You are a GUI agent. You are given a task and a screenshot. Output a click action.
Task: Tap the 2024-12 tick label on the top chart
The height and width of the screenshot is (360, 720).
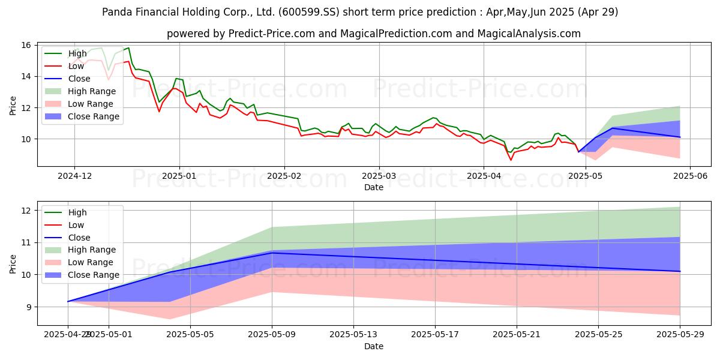(x=74, y=176)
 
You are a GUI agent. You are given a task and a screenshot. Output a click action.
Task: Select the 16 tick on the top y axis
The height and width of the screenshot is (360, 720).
(x=26, y=46)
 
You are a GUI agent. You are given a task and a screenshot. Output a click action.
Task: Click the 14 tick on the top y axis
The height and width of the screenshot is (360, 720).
(x=26, y=77)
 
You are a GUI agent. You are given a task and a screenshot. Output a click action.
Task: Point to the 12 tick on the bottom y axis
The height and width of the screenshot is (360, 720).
(x=26, y=211)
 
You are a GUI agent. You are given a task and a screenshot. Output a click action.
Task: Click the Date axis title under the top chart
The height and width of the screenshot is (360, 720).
(x=374, y=187)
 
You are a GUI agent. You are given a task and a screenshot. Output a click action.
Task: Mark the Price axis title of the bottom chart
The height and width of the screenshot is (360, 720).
(x=13, y=263)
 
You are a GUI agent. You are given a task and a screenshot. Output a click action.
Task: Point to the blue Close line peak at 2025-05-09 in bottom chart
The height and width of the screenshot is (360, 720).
(x=272, y=253)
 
